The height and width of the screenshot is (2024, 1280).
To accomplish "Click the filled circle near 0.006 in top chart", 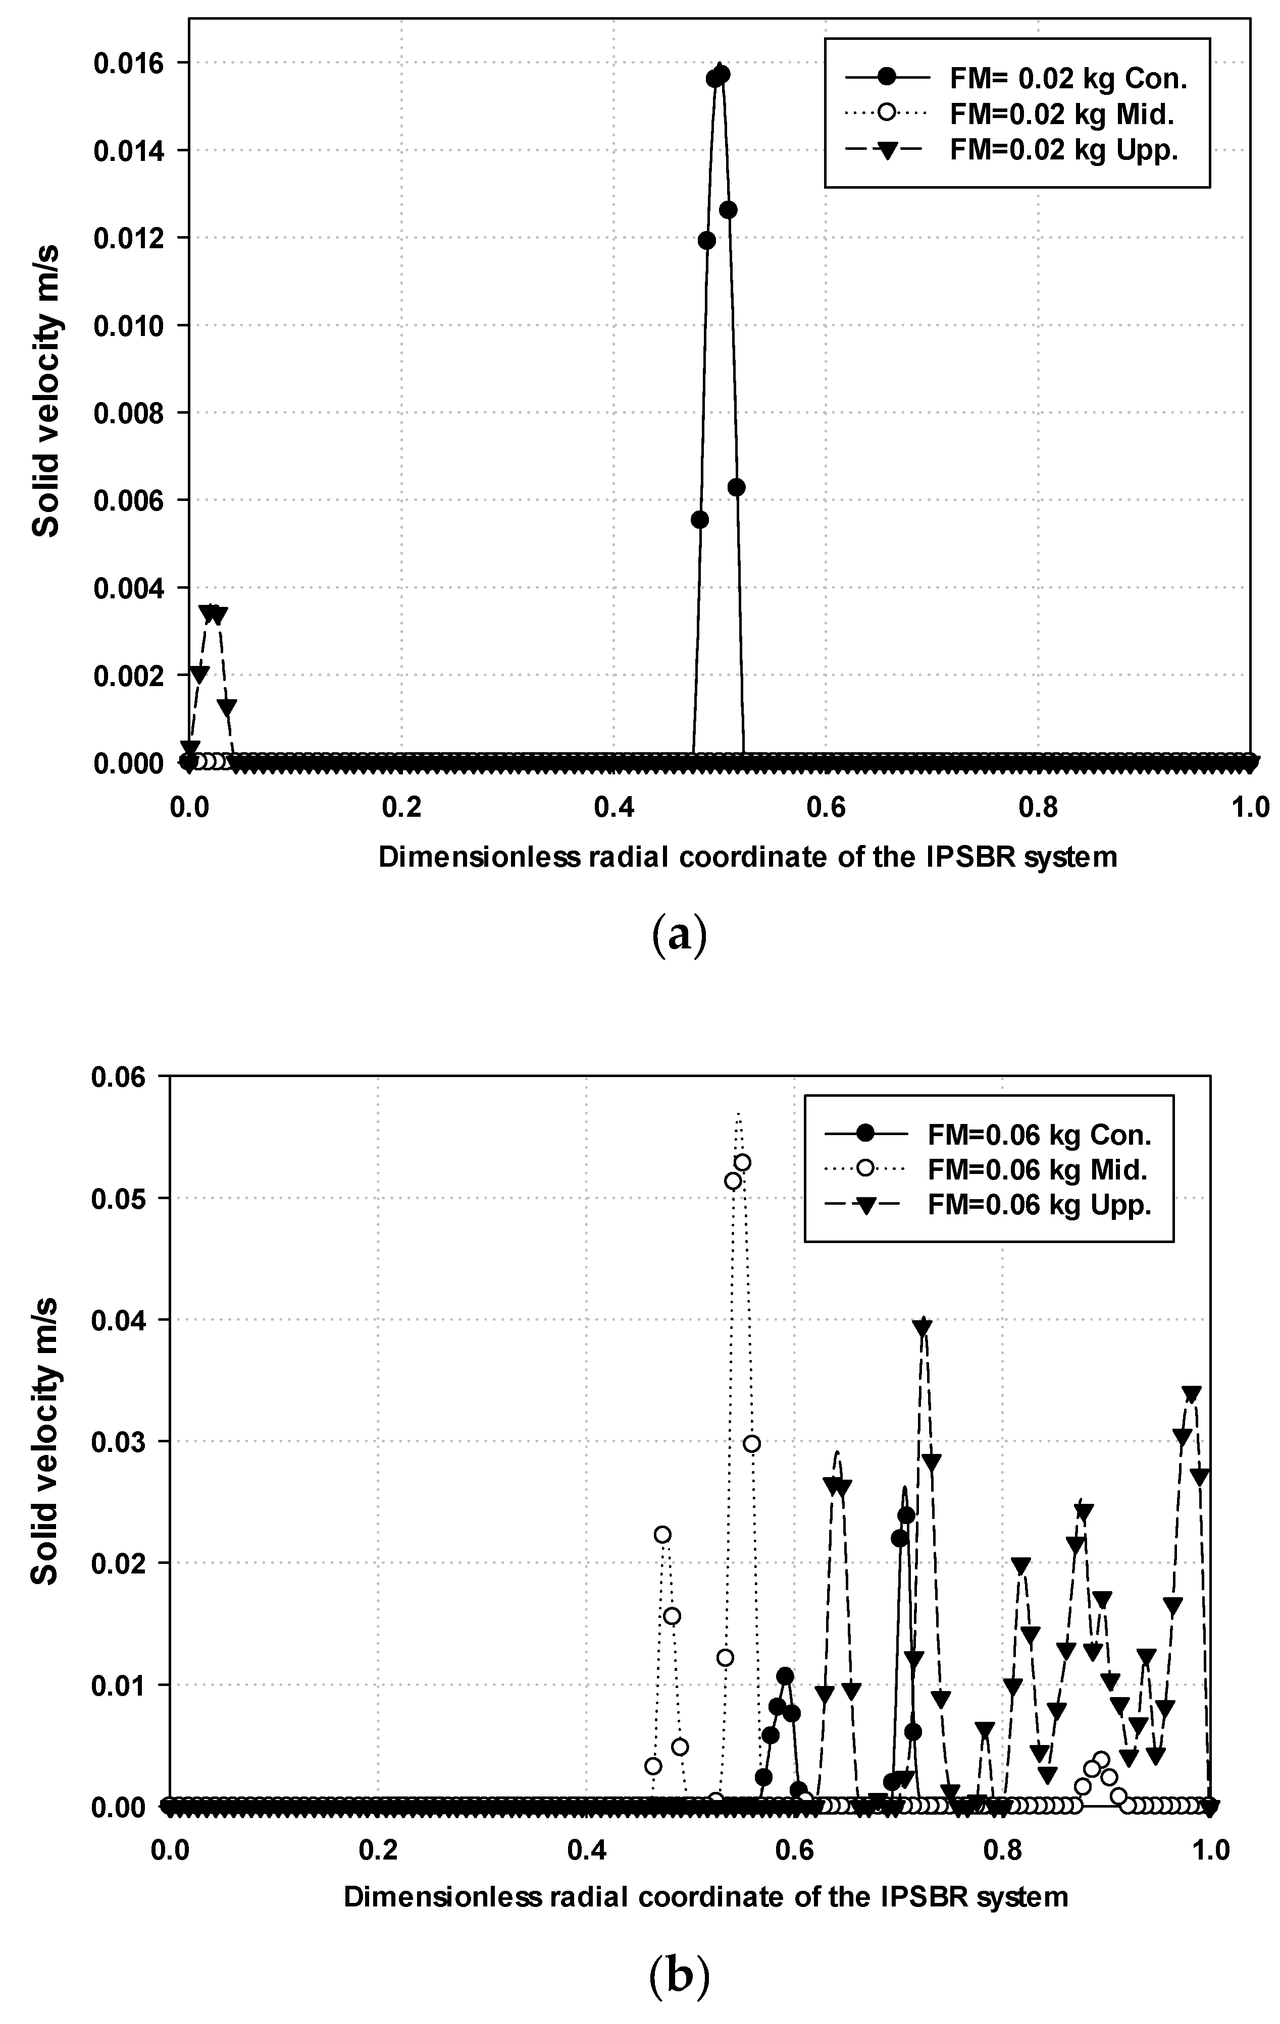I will (x=736, y=487).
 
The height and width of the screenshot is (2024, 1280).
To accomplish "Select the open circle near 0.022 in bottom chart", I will (x=662, y=1535).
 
